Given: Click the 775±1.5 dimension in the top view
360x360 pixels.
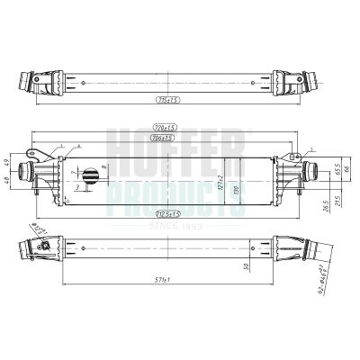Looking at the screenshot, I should point(168,101).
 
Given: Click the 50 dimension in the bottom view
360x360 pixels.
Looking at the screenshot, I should point(248,267).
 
